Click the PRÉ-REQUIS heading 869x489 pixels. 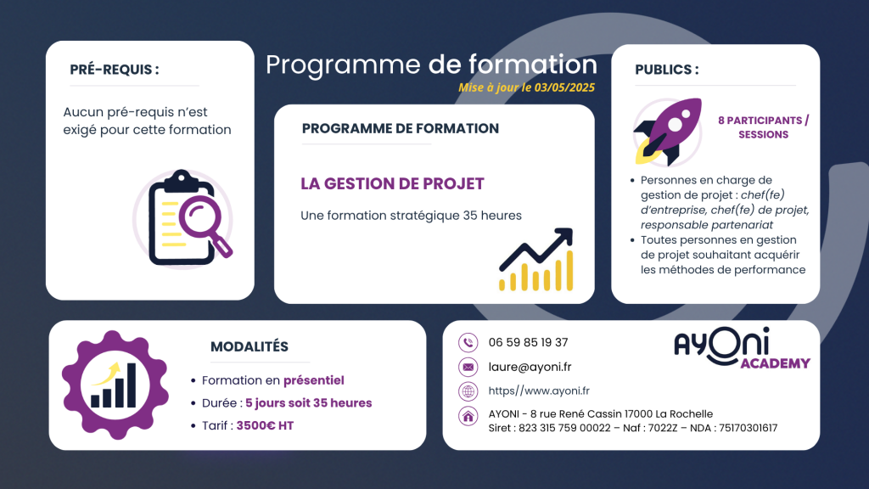[x=115, y=70]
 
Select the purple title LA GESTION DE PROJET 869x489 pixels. [x=392, y=183]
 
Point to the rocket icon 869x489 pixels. [x=669, y=132]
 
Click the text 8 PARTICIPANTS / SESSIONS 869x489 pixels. [x=763, y=127]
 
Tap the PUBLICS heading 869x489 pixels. [x=667, y=70]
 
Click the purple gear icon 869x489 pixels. [x=115, y=385]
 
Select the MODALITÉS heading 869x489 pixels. [x=249, y=346]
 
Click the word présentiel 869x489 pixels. [x=314, y=380]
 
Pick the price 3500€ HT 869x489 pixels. [x=265, y=426]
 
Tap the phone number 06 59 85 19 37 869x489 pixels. [x=528, y=343]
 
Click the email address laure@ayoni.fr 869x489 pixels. [x=530, y=367]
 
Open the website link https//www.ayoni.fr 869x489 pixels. [x=539, y=391]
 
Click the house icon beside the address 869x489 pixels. [x=468, y=416]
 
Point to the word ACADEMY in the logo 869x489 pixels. [x=776, y=363]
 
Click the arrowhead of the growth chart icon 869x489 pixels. [x=564, y=236]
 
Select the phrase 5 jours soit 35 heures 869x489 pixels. [x=309, y=403]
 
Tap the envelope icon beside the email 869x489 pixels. [x=468, y=367]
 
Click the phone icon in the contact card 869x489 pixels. [x=468, y=343]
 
